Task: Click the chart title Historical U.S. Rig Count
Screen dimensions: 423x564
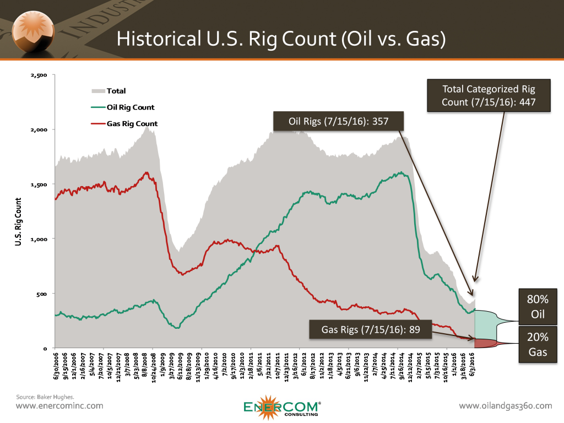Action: coord(281,39)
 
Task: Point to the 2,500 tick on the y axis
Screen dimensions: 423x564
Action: coord(39,75)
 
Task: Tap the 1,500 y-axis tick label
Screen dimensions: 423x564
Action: coord(39,185)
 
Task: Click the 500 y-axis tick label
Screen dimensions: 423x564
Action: coord(41,294)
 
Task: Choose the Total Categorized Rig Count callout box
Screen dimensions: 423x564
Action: coord(489,95)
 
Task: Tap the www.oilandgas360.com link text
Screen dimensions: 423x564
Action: coord(505,406)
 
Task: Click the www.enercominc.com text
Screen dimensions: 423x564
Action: coord(59,406)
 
